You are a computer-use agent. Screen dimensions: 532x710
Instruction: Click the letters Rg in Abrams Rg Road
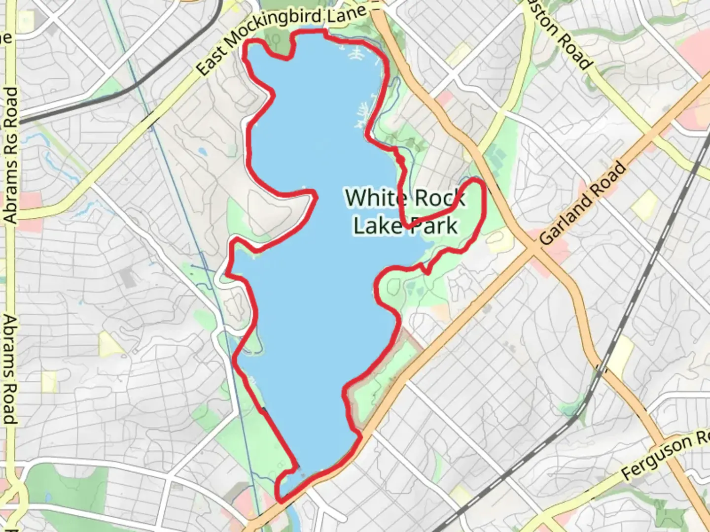10,133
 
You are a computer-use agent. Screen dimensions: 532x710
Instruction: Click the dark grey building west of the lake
129,277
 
